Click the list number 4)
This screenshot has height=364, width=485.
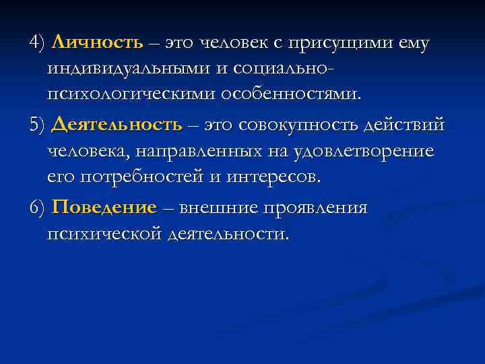point(37,44)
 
